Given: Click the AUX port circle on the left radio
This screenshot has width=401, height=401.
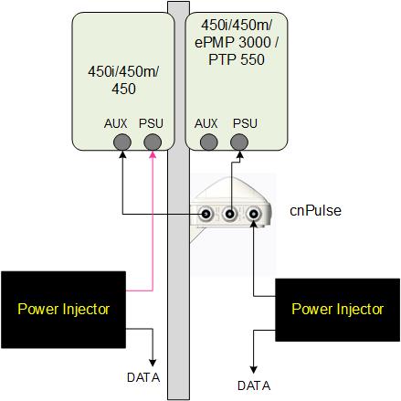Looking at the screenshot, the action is point(122,142).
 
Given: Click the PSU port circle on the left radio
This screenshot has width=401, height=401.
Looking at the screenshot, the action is point(153,142).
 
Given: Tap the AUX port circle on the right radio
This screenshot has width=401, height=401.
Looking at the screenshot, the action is point(209,142).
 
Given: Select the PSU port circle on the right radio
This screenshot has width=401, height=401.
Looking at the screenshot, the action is point(239,142).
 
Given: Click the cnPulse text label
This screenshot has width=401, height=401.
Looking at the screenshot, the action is point(315,211).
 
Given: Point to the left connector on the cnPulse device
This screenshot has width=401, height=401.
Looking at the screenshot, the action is point(206,215).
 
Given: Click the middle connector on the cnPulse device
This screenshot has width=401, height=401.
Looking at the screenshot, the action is point(230,214).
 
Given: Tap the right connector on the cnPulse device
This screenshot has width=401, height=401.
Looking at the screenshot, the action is point(253,214).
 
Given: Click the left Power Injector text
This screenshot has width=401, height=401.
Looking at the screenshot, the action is point(64,310).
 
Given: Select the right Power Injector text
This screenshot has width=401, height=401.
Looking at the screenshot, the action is point(337,310).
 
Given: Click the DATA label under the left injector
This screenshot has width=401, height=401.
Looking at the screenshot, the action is point(143,377).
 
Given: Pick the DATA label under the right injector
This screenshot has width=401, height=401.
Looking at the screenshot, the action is point(254,385).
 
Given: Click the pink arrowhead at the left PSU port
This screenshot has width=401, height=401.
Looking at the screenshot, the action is point(153,154).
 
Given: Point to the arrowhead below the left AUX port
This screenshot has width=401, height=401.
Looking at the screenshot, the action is point(122,154).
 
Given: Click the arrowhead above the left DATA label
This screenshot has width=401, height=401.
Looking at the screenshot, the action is point(153,363).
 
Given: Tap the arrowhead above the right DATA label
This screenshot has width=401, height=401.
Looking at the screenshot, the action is point(254,370).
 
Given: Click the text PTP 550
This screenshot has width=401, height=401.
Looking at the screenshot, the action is point(237,59).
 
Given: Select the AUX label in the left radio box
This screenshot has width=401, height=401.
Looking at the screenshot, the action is point(116,123).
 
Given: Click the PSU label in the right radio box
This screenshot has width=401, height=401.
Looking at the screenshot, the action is point(245,123).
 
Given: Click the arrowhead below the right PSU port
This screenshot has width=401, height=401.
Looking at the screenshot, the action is point(239,154).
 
